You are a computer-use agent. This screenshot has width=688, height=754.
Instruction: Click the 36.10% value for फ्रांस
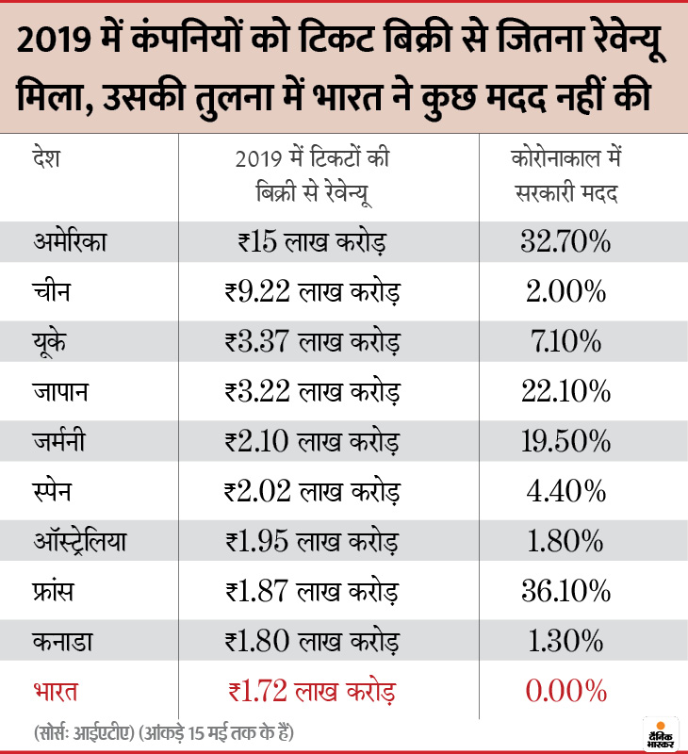pyautogui.click(x=565, y=592)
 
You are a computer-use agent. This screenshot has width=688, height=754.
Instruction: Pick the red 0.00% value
pyautogui.click(x=565, y=693)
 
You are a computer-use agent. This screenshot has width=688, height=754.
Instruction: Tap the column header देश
pyautogui.click(x=44, y=157)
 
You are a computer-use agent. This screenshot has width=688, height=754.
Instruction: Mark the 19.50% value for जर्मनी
pyautogui.click(x=565, y=441)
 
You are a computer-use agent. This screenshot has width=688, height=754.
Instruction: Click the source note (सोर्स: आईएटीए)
pyautogui.click(x=97, y=731)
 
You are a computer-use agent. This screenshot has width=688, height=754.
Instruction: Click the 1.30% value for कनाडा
pyautogui.click(x=565, y=642)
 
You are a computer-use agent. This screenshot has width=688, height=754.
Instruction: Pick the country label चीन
pyautogui.click(x=50, y=292)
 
